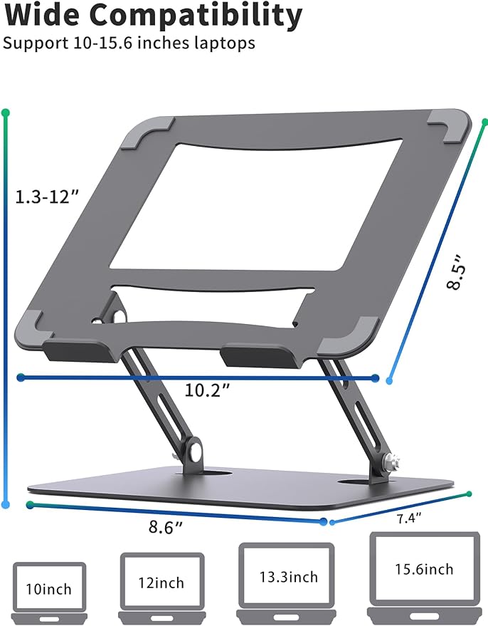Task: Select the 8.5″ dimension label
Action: tap(456, 272)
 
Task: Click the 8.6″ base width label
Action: tap(169, 527)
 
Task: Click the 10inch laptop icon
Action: tap(49, 588)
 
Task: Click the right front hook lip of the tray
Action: tap(255, 354)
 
